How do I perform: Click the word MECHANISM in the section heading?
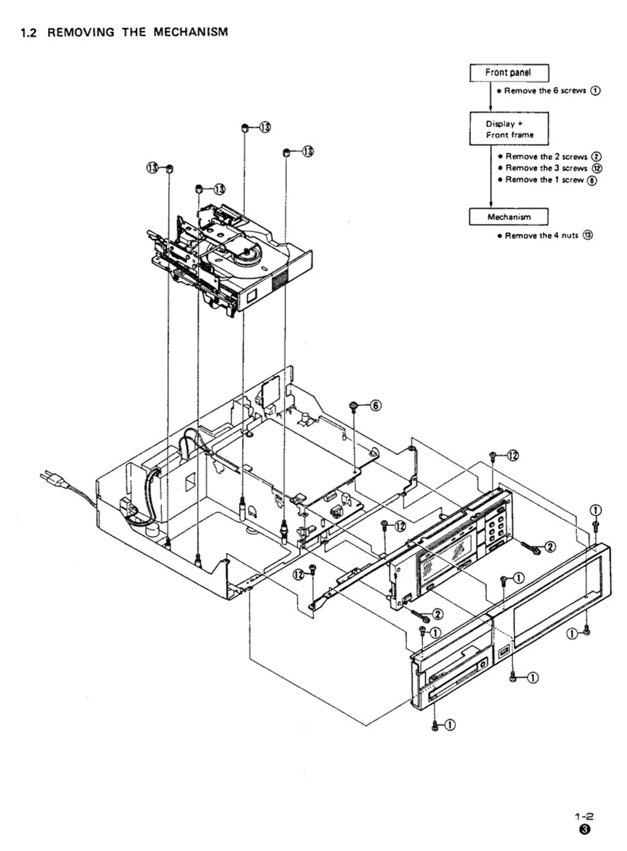(186, 32)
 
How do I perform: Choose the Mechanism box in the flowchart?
(508, 217)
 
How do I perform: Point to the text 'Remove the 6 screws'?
(546, 91)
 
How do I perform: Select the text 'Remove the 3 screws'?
(546, 167)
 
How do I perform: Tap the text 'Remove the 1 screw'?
(544, 180)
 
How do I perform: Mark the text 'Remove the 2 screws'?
(546, 156)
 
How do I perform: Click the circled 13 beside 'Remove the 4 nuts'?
(587, 236)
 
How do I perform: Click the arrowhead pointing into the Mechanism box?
(491, 204)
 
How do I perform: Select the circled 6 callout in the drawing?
(375, 406)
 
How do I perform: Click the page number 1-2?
(584, 815)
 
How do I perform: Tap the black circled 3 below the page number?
(584, 830)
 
